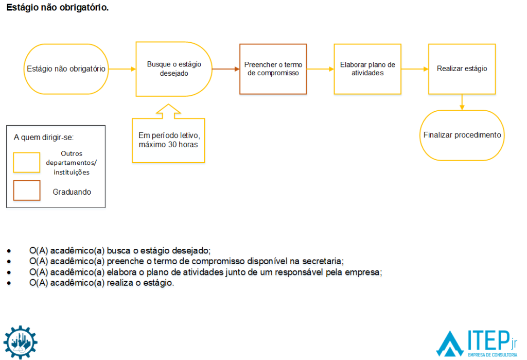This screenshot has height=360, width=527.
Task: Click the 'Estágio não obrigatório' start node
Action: click(66, 68)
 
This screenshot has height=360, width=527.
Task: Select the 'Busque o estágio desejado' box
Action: click(174, 69)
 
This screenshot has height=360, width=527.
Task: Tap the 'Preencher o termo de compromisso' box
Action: click(273, 69)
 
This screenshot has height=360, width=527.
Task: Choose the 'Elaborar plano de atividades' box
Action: click(367, 69)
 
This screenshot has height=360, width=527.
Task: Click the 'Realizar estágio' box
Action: click(462, 68)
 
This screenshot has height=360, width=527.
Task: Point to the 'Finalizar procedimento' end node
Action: click(462, 135)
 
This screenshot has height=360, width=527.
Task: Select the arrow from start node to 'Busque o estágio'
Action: click(122, 69)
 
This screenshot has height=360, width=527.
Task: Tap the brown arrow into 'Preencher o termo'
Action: click(226, 69)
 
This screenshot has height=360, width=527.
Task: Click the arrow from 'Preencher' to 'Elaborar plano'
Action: click(320, 69)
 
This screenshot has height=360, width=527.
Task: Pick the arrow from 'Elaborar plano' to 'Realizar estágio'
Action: click(415, 69)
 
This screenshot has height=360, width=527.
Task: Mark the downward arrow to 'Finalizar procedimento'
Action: click(462, 102)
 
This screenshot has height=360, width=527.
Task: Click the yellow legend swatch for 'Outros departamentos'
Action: click(27, 162)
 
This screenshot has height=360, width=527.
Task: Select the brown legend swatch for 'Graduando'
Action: click(27, 191)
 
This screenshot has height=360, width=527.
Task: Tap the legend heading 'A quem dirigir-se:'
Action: click(44, 138)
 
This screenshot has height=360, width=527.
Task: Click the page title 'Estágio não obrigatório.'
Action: click(58, 8)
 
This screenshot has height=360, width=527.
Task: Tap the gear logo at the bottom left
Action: click(21, 342)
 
